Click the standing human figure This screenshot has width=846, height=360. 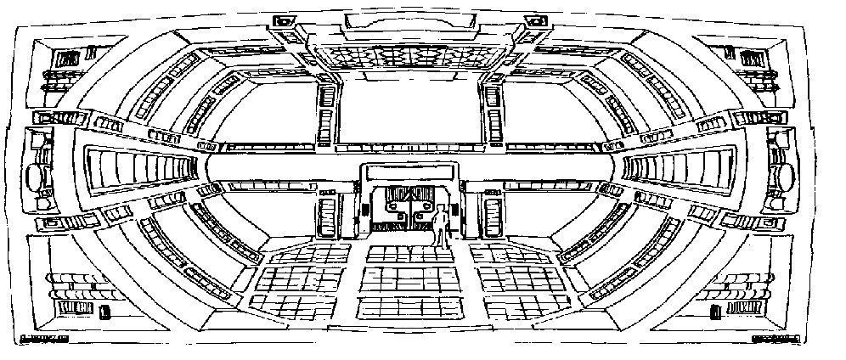point(440,229)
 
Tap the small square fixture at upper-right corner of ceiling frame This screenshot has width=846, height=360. point(539,20)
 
